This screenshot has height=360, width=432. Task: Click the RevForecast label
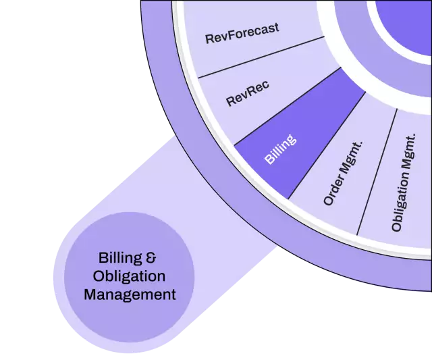pyautogui.click(x=242, y=34)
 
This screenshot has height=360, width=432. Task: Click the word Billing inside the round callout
pyautogui.click(x=118, y=258)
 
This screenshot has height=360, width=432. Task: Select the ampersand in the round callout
pyautogui.click(x=151, y=258)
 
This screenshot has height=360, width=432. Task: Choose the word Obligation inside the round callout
pyautogui.click(x=129, y=276)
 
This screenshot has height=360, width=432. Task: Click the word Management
pyautogui.click(x=129, y=294)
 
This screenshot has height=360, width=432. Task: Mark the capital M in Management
pyautogui.click(x=88, y=294)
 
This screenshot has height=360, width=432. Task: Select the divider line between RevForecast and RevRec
pyautogui.click(x=256, y=57)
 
